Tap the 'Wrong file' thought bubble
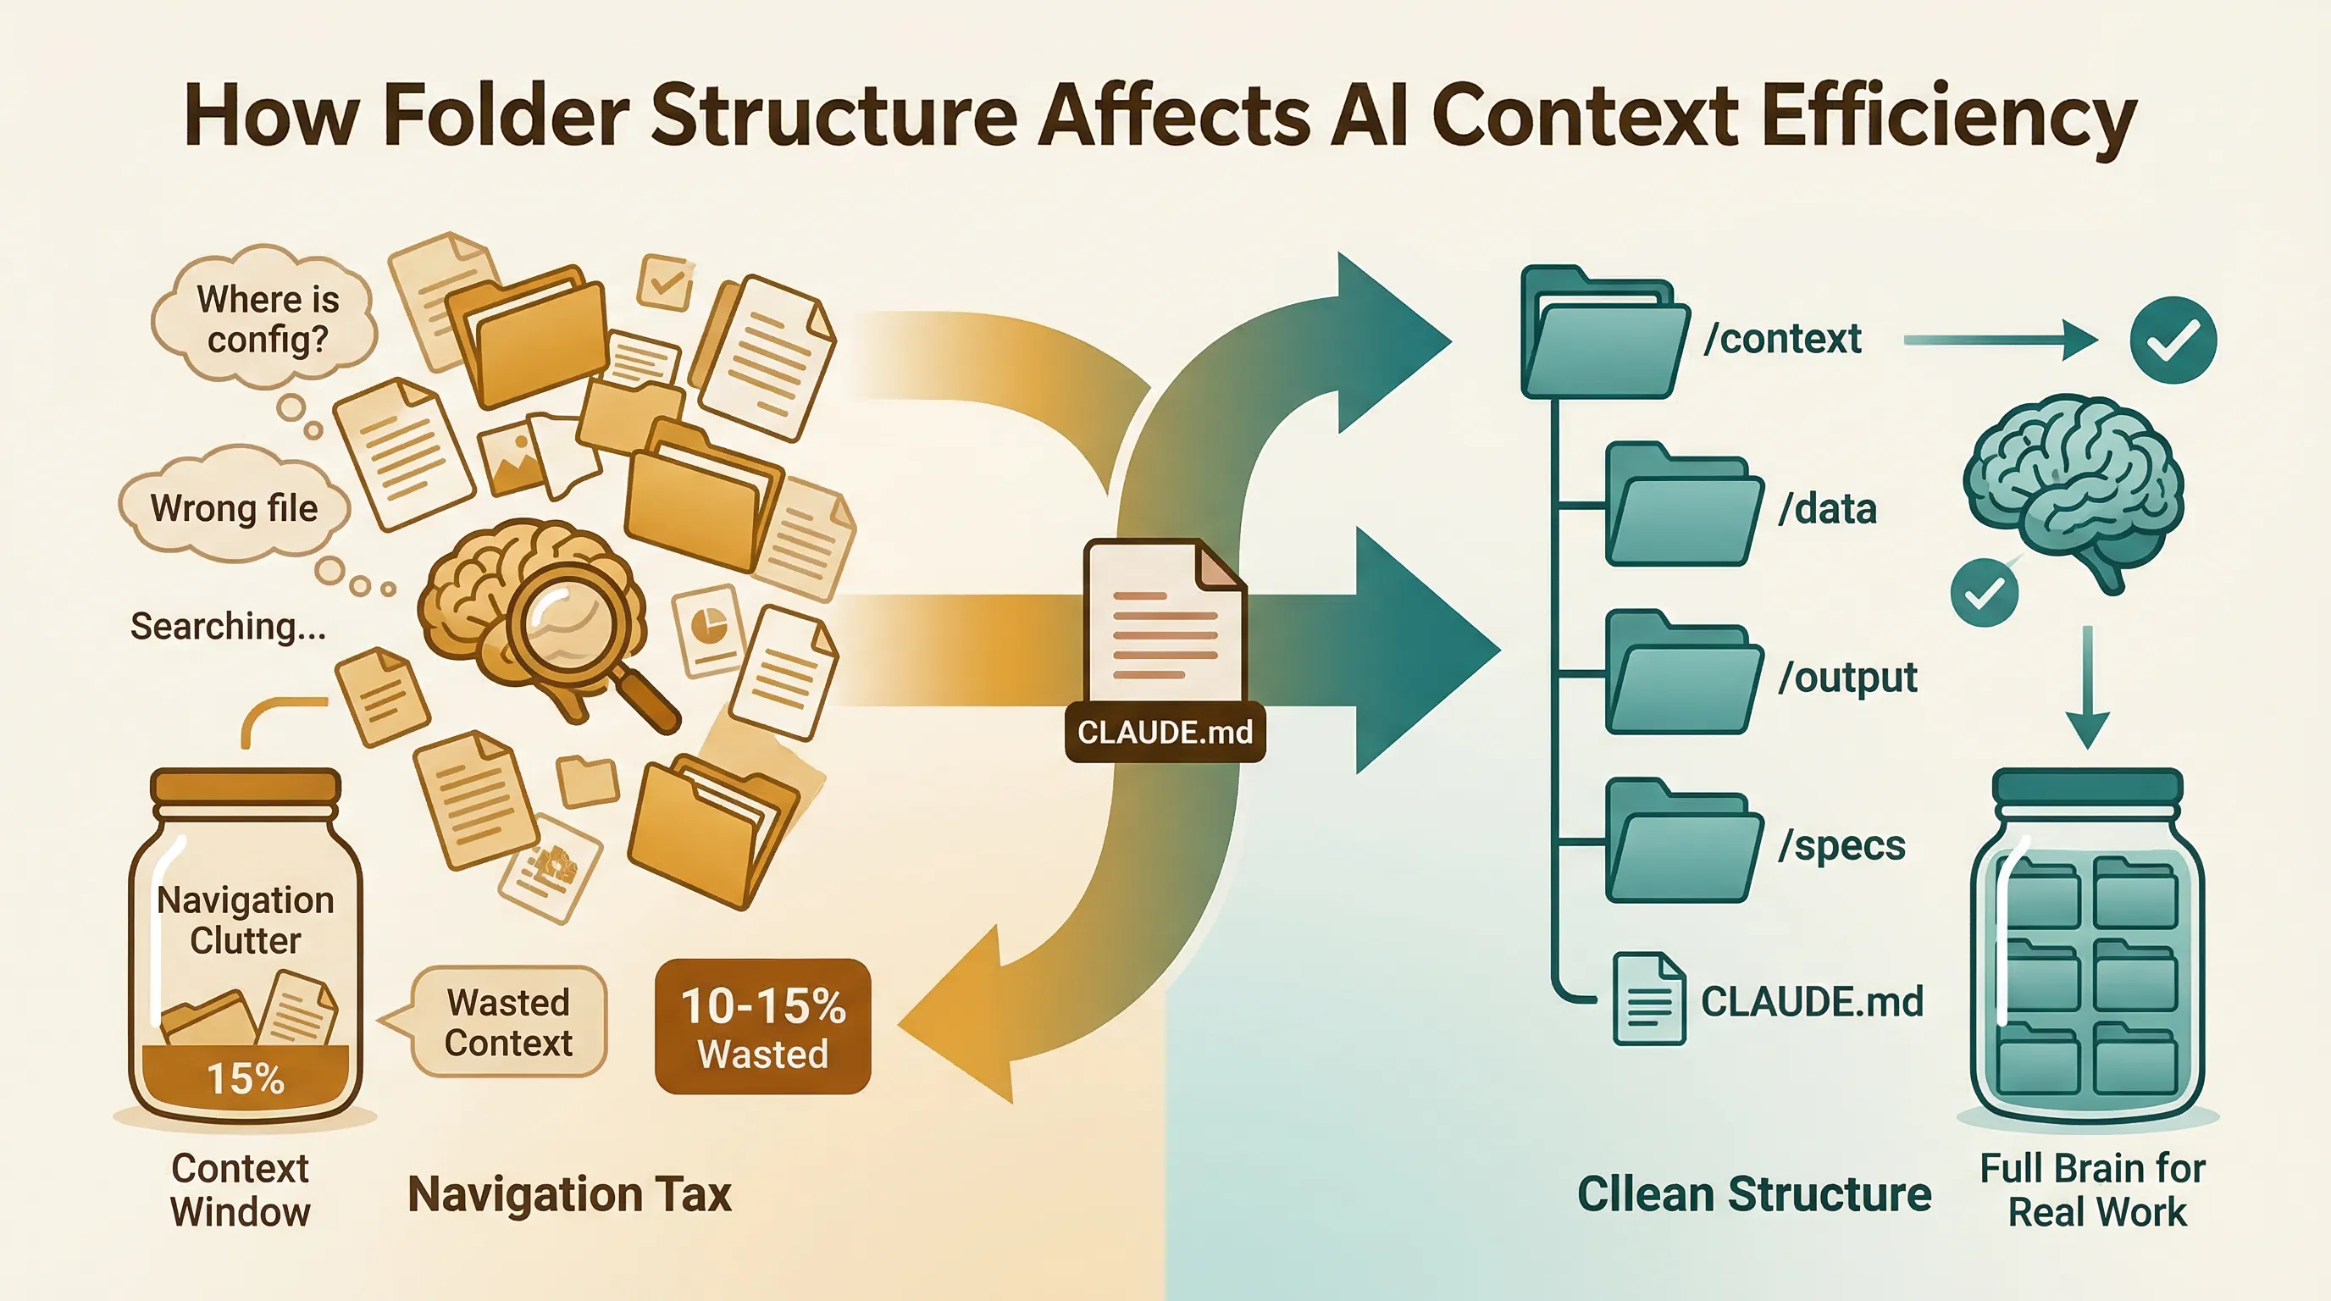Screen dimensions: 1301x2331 234,509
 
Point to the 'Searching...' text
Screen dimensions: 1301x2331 228,626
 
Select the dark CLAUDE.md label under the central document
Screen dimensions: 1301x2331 1165,731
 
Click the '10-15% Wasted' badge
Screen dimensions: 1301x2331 763,1027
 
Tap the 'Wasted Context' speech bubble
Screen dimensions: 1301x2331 508,1022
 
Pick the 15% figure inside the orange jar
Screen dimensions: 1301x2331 246,1078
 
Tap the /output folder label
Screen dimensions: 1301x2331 1847,677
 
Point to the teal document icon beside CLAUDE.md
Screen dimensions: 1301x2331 1648,999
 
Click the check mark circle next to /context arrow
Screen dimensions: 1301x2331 2173,340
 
